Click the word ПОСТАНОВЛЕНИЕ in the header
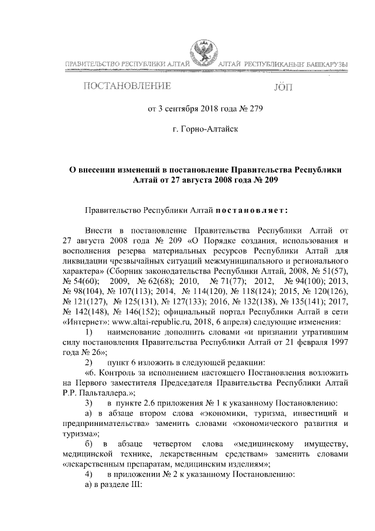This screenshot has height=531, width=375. tap(126, 87)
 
